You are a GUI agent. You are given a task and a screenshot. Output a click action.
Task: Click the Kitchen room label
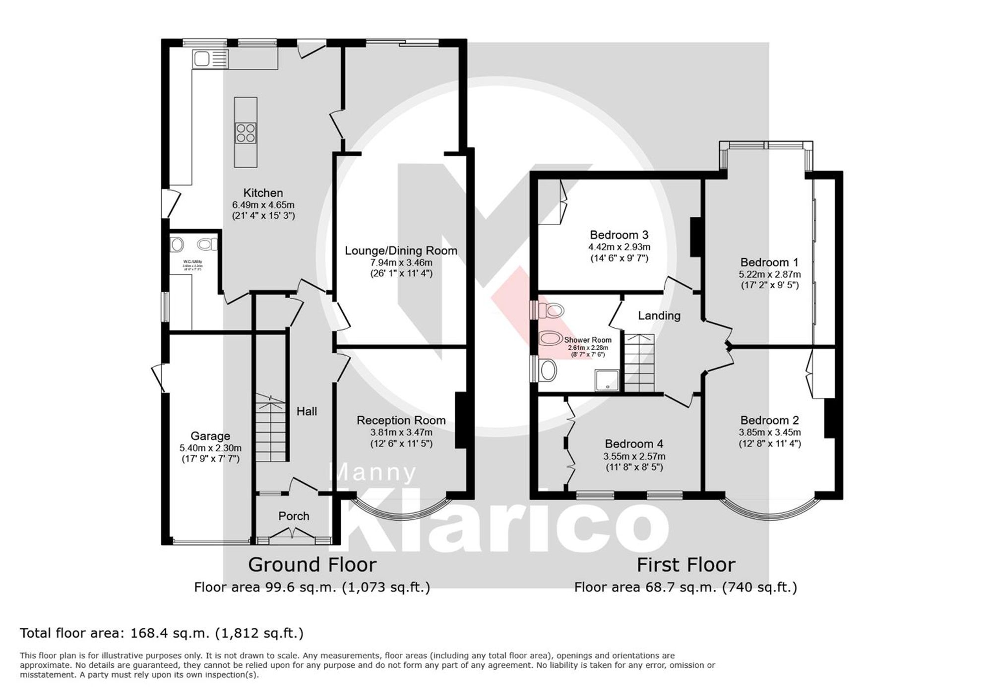coord(263,193)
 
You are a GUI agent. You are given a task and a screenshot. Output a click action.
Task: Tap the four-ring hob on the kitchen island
coord(246,133)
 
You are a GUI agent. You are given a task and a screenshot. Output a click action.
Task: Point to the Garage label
coord(210,436)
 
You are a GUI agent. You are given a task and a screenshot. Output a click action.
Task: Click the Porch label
coord(294,516)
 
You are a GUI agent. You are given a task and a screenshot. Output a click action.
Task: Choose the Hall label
coord(307,411)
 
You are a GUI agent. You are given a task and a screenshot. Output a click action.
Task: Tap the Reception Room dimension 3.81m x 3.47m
coord(401,432)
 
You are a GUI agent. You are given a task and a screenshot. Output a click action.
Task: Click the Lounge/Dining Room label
coord(401,251)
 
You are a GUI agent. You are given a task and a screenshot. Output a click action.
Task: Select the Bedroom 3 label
coord(619,235)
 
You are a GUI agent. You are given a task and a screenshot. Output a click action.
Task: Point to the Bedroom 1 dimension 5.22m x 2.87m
coord(770,274)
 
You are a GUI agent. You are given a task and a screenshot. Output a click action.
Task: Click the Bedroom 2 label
coord(770,421)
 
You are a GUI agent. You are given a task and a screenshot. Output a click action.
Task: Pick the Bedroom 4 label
coord(634,444)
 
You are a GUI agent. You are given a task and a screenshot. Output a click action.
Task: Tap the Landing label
coord(659,315)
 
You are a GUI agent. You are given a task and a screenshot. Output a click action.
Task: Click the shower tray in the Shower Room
coord(607,380)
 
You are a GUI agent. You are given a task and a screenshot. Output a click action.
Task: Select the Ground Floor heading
coord(312,565)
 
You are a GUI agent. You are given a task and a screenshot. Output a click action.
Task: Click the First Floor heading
coord(686,565)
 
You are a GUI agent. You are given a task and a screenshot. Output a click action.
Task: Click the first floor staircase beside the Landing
coord(639,363)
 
